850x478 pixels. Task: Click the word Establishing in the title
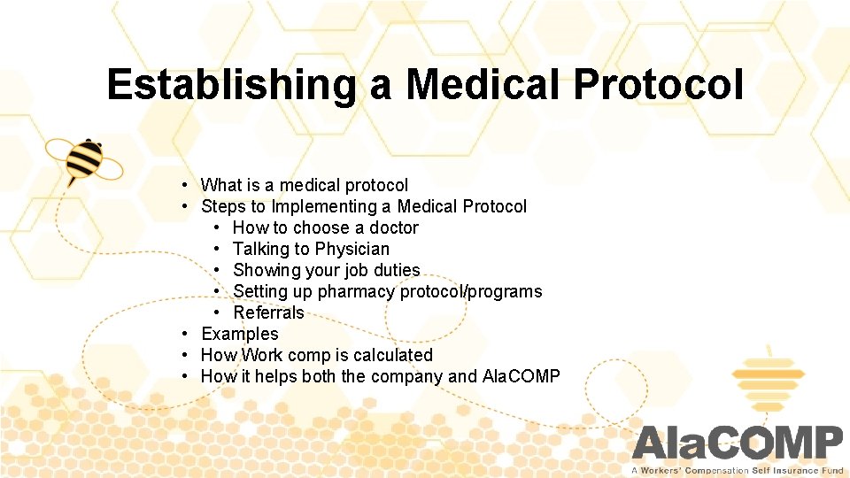[232, 85]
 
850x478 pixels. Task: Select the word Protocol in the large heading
[658, 85]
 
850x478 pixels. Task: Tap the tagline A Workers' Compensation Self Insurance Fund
[737, 470]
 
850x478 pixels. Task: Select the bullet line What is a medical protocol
[305, 185]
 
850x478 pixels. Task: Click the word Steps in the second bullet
[223, 206]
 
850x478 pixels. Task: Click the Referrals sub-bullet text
[268, 312]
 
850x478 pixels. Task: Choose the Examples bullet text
[239, 334]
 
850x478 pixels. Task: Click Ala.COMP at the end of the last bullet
[521, 376]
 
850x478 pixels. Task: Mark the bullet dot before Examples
[184, 334]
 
